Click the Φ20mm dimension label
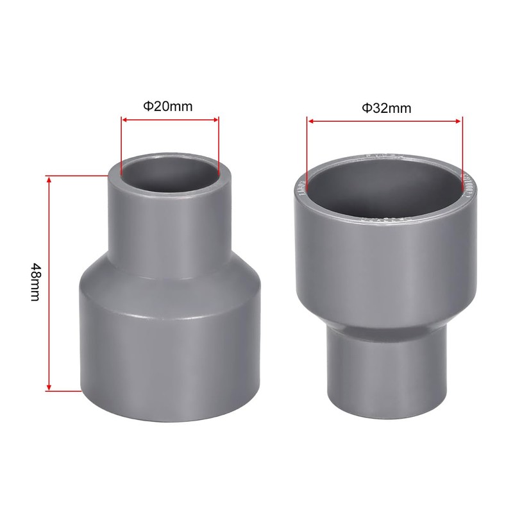coord(169,106)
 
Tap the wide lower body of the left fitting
coord(169,346)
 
